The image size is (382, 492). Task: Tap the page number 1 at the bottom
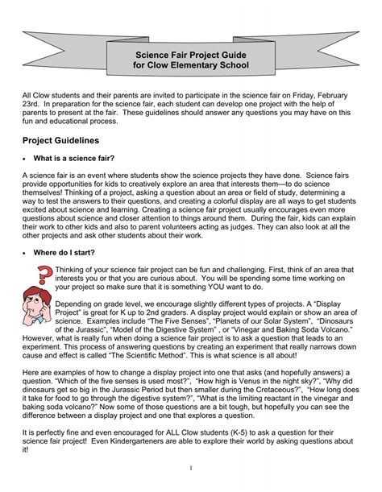coord(191,467)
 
